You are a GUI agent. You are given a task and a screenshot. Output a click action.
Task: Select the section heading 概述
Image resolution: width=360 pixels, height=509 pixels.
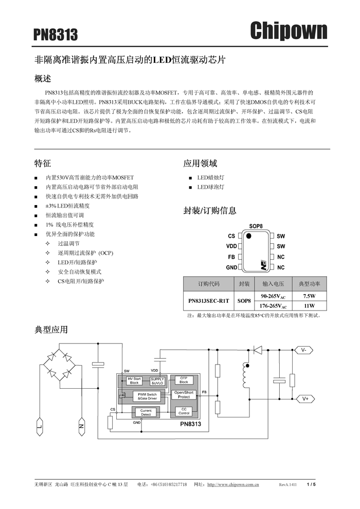43,79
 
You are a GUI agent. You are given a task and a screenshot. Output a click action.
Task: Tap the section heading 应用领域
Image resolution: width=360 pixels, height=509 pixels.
200,163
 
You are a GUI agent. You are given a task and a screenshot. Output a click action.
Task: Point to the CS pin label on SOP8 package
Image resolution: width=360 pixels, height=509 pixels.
231,236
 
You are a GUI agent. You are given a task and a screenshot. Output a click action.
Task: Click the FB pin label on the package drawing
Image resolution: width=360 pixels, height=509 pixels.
231,257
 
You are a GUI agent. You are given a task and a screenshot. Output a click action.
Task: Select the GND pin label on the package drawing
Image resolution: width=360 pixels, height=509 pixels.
231,267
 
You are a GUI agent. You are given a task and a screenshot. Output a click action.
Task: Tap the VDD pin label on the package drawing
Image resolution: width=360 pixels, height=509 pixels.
231,246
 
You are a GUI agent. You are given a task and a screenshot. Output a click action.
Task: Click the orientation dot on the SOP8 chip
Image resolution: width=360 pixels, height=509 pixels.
249,236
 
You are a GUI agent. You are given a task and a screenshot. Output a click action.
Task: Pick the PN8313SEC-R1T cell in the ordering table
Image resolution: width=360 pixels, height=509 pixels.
208,301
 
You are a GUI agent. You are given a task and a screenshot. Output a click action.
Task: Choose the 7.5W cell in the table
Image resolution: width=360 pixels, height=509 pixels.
309,296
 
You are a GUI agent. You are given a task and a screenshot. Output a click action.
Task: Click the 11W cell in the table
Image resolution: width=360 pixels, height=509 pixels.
309,305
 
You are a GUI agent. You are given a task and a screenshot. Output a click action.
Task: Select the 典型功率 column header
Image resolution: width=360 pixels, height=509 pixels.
309,284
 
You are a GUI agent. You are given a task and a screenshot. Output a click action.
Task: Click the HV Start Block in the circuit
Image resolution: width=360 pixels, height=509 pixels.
134,380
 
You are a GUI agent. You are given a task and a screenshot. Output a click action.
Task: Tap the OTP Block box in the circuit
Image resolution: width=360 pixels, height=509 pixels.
184,380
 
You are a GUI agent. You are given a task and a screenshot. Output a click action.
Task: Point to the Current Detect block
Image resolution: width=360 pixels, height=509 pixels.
146,412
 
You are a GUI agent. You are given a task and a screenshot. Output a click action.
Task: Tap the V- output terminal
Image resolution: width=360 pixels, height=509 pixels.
304,350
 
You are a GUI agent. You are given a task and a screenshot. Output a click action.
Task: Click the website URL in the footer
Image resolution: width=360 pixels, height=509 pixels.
232,484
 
